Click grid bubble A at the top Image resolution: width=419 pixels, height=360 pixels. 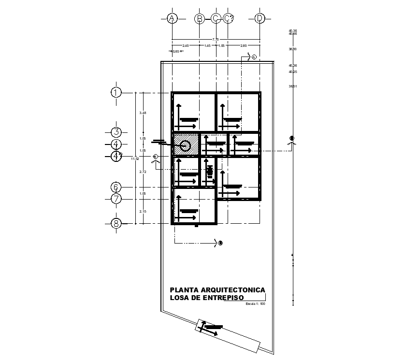tap(172, 18)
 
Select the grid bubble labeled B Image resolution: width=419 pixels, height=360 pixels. tap(199, 18)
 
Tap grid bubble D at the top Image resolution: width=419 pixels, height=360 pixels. tap(260, 18)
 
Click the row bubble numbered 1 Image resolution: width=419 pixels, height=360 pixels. tap(116, 92)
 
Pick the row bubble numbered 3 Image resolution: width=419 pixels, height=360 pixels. tap(116, 132)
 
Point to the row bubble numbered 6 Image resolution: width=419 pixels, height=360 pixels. tap(116, 187)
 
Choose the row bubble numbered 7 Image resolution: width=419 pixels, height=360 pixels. tap(116, 199)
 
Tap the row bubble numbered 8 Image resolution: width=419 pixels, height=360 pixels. tap(116, 223)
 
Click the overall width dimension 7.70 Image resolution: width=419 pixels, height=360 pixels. tap(216, 39)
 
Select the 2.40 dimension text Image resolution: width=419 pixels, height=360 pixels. tap(186, 45)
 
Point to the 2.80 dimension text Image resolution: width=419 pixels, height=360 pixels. tap(244, 45)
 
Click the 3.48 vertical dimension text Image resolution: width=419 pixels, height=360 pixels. tap(142, 113)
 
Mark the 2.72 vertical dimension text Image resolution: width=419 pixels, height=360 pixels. tap(142, 172)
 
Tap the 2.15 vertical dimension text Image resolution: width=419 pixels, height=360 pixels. tap(142, 211)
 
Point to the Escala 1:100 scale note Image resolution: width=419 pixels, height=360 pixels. tap(256, 304)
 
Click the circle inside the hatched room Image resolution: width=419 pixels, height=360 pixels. tap(186, 144)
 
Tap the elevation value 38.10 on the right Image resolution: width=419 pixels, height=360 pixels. tap(292, 49)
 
